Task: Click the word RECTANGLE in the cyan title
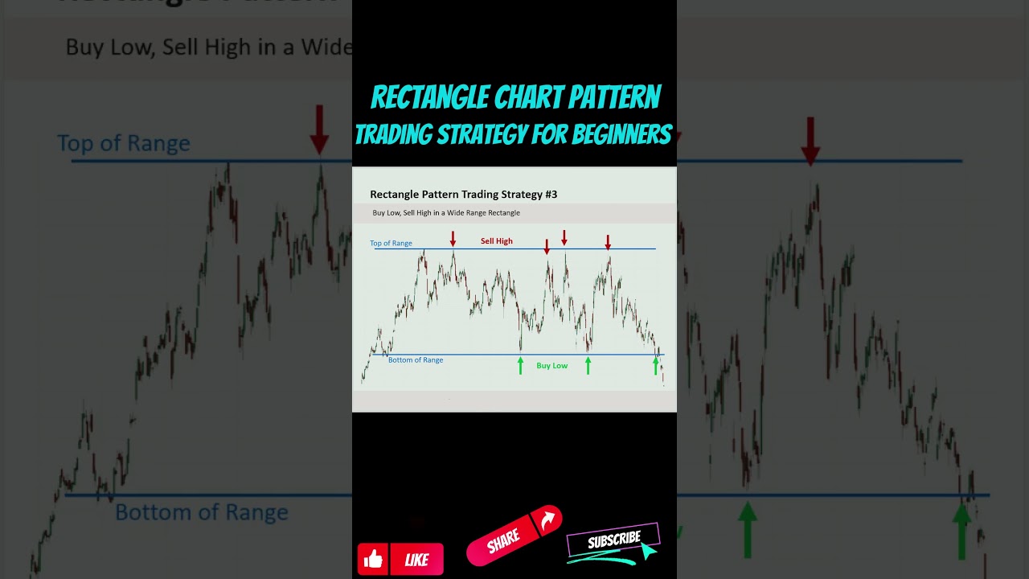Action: point(429,98)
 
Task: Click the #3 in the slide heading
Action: point(550,194)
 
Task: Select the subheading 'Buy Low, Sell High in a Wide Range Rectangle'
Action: point(446,213)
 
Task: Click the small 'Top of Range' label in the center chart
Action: point(391,243)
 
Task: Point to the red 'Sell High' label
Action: point(496,241)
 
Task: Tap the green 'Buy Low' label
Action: point(551,366)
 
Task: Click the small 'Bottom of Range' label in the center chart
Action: point(416,360)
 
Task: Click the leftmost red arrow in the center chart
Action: point(453,238)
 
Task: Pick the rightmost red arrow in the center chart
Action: point(608,241)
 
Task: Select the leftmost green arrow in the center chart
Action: point(520,366)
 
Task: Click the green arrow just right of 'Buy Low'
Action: point(588,366)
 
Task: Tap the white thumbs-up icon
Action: point(374,559)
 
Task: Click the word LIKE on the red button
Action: point(416,561)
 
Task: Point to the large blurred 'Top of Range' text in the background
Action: point(124,143)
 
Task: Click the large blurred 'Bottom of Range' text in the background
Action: point(201,512)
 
